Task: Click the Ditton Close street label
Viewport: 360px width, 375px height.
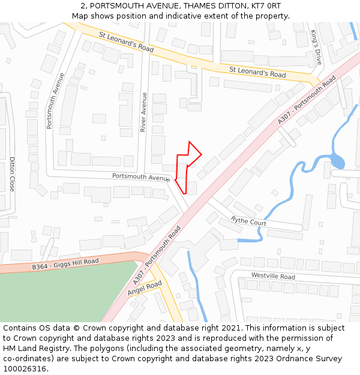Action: pyautogui.click(x=11, y=174)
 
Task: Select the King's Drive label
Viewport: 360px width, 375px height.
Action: pyautogui.click(x=316, y=47)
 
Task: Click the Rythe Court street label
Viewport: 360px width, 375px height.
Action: pyautogui.click(x=248, y=221)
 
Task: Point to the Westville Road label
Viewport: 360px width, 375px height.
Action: pyautogui.click(x=273, y=277)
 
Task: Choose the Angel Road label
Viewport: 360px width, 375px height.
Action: pyautogui.click(x=145, y=288)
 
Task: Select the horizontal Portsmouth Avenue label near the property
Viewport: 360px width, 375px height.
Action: pyautogui.click(x=141, y=177)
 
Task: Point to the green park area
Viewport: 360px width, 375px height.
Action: pyautogui.click(x=54, y=294)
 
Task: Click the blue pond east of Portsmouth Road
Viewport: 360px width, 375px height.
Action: pyautogui.click(x=337, y=161)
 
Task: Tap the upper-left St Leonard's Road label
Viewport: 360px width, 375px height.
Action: pyautogui.click(x=126, y=41)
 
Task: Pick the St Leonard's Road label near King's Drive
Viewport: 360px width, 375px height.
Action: pyautogui.click(x=257, y=72)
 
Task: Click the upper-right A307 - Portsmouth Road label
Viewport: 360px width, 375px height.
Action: pyautogui.click(x=306, y=100)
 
